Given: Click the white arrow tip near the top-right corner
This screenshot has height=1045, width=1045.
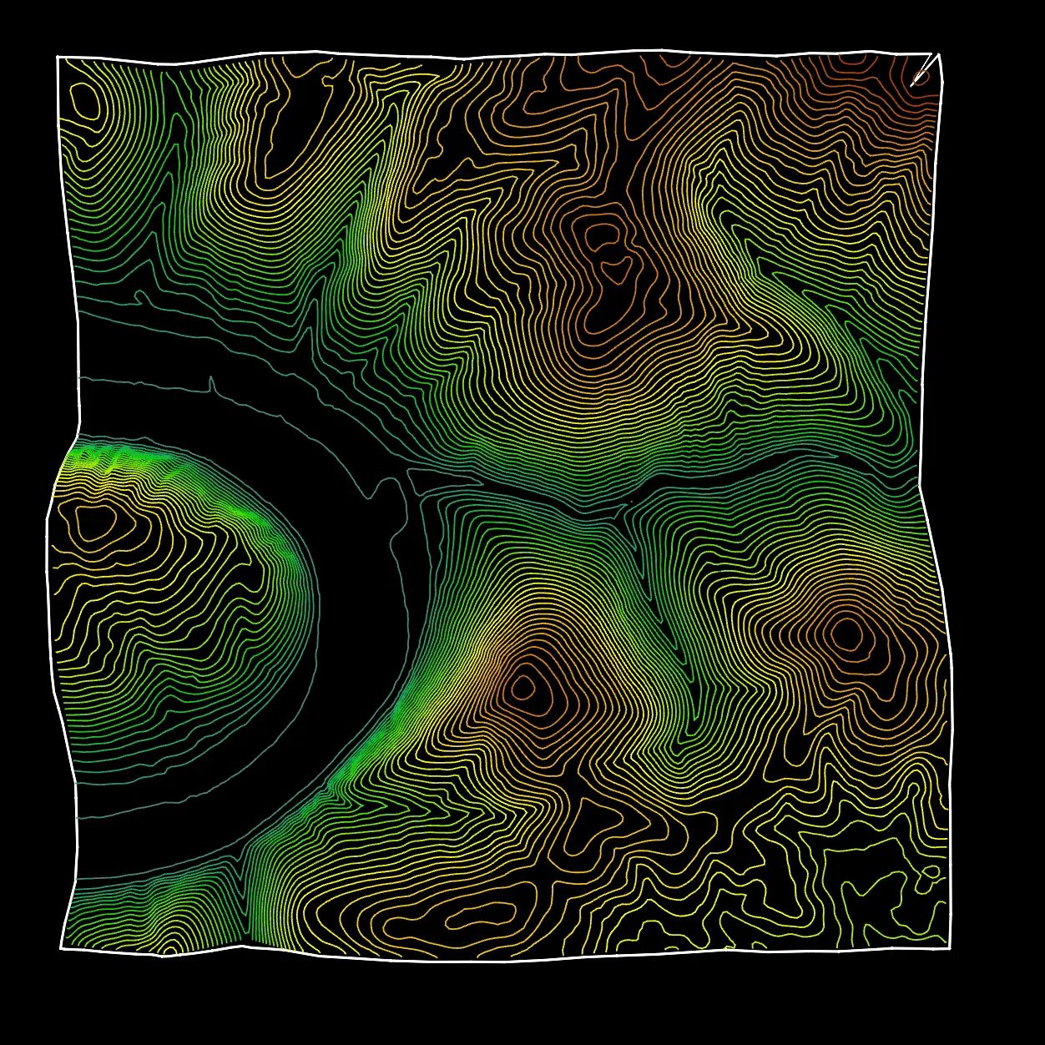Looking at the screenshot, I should (x=912, y=84).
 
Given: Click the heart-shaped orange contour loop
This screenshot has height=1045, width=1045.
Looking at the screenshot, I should (x=618, y=268).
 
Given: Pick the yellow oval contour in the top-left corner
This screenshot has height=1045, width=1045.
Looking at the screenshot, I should (x=85, y=100).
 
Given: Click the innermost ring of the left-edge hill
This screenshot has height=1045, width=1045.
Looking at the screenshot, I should (x=98, y=522).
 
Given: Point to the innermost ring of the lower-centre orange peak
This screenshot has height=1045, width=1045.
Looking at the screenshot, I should (x=523, y=687).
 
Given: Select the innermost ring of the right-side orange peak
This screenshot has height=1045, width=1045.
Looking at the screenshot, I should (x=847, y=634).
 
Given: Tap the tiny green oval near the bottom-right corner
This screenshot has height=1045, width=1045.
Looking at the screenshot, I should (x=929, y=872).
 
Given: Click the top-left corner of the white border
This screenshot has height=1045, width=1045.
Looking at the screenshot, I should (x=58, y=57).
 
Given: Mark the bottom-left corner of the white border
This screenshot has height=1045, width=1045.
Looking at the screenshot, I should (x=62, y=948).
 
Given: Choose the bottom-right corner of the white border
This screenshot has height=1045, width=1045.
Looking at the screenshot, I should (x=950, y=948).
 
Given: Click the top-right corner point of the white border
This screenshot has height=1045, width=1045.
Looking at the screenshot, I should (x=939, y=54).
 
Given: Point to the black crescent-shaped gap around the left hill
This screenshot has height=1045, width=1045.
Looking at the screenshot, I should (x=359, y=584).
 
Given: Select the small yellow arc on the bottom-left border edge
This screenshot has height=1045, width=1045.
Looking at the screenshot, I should (x=169, y=950).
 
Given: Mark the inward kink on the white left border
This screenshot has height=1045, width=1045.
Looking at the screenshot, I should (x=78, y=426).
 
